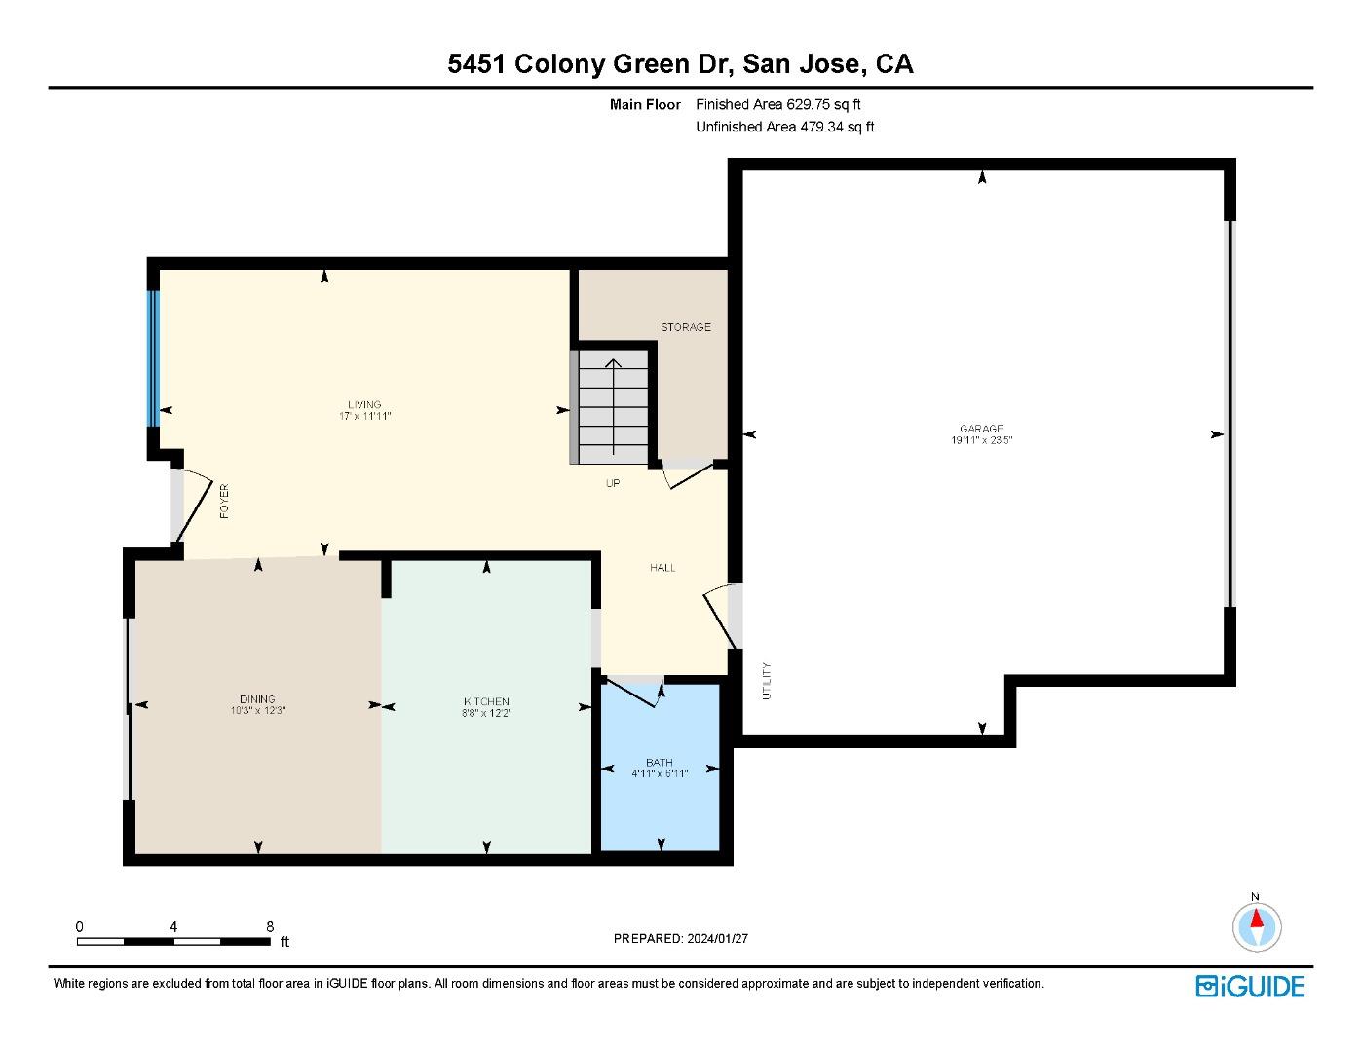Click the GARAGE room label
click(x=981, y=428)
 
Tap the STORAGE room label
click(x=686, y=327)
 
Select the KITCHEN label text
click(x=486, y=701)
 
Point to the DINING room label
click(x=257, y=698)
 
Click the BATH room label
click(x=660, y=762)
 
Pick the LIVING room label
click(x=364, y=404)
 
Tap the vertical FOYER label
click(x=224, y=501)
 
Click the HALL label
click(x=662, y=568)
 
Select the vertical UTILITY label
click(x=767, y=681)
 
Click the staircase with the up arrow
click(x=613, y=406)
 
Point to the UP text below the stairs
click(x=613, y=483)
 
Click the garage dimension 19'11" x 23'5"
click(x=981, y=440)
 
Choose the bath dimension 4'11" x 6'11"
click(x=660, y=774)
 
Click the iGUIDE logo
click(x=1250, y=986)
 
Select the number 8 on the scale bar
click(x=270, y=927)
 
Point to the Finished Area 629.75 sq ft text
click(x=778, y=104)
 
